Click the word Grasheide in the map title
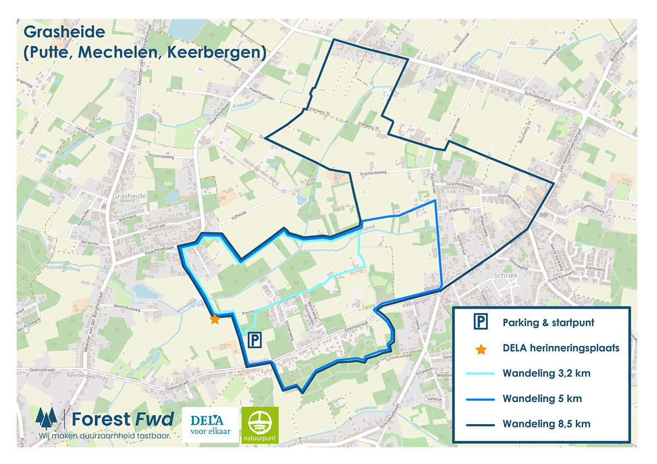click(x=64, y=31)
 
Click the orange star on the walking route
click(x=215, y=319)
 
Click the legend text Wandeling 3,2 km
click(x=542, y=374)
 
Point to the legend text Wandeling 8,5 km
click(x=542, y=424)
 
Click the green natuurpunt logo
click(x=261, y=425)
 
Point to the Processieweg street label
click(x=164, y=155)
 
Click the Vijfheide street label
click(x=240, y=216)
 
